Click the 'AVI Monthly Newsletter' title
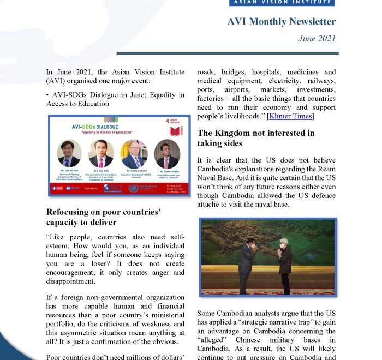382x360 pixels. click(281, 22)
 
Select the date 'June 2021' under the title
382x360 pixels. click(317, 39)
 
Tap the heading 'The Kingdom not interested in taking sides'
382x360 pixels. click(255, 138)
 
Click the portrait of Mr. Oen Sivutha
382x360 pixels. click(69, 153)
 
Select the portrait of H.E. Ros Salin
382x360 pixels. click(101, 153)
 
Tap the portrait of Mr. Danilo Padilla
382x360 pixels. click(167, 153)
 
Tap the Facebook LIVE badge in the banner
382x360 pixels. click(57, 188)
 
